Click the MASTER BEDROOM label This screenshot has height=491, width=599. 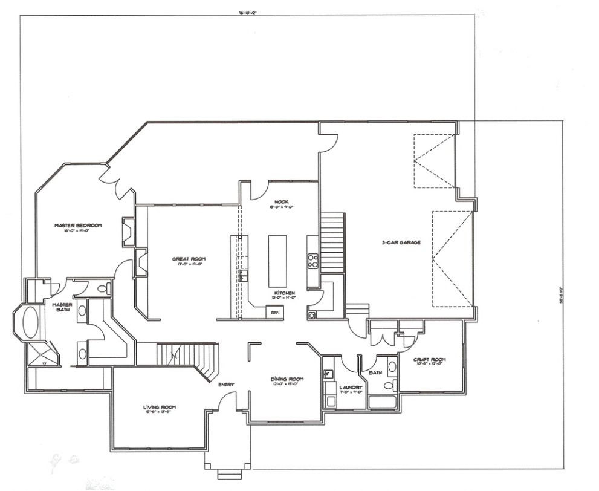77,226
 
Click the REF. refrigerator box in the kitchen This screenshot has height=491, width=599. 274,312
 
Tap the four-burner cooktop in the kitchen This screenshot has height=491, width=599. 313,261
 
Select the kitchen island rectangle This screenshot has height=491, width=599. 277,261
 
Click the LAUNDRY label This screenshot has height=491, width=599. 351,388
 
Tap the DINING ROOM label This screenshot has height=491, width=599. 286,380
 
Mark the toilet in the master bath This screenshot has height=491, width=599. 103,288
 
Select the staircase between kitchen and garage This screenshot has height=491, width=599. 332,242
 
